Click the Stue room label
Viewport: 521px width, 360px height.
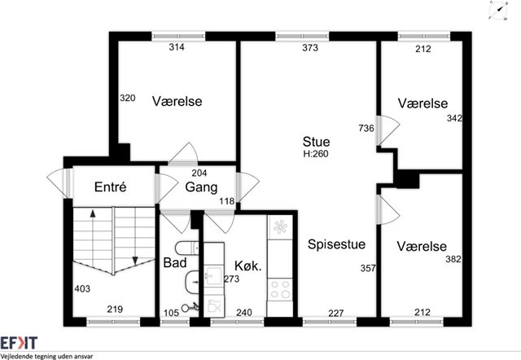(x=316, y=142)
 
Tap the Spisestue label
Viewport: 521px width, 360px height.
(x=336, y=244)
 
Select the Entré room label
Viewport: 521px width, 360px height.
(x=111, y=187)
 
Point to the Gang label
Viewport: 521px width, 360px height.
(x=201, y=187)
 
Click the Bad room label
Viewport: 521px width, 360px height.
(x=175, y=262)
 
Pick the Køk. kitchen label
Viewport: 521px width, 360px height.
(x=248, y=266)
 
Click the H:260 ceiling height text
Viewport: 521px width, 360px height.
(x=316, y=154)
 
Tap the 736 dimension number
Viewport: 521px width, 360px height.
(x=366, y=128)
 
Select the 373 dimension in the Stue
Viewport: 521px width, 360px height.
(x=310, y=48)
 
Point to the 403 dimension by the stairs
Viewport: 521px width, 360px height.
(x=82, y=288)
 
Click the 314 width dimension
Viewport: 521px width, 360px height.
(x=177, y=47)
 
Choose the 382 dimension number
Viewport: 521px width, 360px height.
(x=453, y=259)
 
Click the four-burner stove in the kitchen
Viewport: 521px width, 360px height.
(x=281, y=290)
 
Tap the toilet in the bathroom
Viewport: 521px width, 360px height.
(x=186, y=248)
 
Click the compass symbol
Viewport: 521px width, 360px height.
(x=498, y=11)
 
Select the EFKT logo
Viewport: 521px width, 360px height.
(x=19, y=343)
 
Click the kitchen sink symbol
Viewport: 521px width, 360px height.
(x=212, y=274)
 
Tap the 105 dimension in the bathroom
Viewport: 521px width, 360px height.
(x=171, y=313)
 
